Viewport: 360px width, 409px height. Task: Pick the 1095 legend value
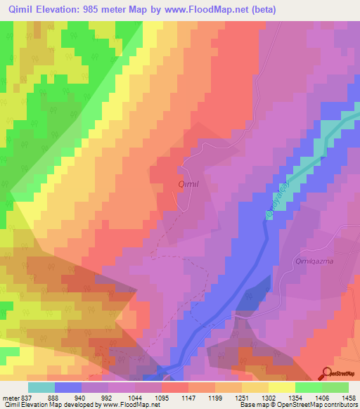(148, 396)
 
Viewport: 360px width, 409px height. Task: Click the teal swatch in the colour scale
(41, 387)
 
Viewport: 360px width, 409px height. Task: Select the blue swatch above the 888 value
(68, 387)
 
